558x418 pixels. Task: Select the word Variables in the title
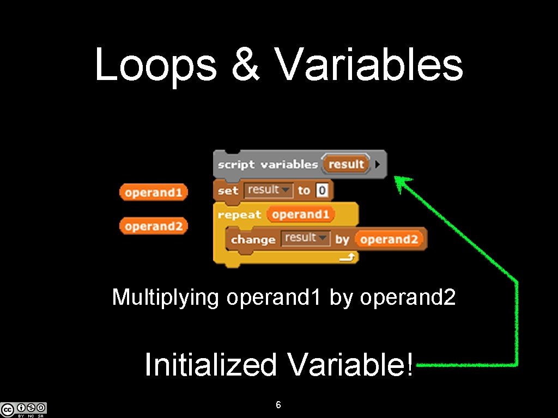pyautogui.click(x=369, y=65)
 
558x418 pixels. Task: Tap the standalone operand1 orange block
pyautogui.click(x=153, y=193)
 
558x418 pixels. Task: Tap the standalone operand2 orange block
pyautogui.click(x=153, y=226)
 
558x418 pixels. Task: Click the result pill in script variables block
pyautogui.click(x=345, y=164)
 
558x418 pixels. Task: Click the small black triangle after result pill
pyautogui.click(x=378, y=164)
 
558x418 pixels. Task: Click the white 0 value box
pyautogui.click(x=322, y=190)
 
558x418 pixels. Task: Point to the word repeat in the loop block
pyautogui.click(x=239, y=214)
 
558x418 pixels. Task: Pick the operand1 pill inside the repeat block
pyautogui.click(x=300, y=214)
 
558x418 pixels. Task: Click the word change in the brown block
pyautogui.click(x=253, y=239)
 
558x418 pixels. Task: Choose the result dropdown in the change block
pyautogui.click(x=305, y=238)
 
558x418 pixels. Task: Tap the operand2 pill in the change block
pyautogui.click(x=389, y=239)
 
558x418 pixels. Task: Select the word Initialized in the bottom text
pyautogui.click(x=211, y=365)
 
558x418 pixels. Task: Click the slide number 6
pyautogui.click(x=278, y=405)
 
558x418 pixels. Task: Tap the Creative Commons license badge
pyautogui.click(x=24, y=409)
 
